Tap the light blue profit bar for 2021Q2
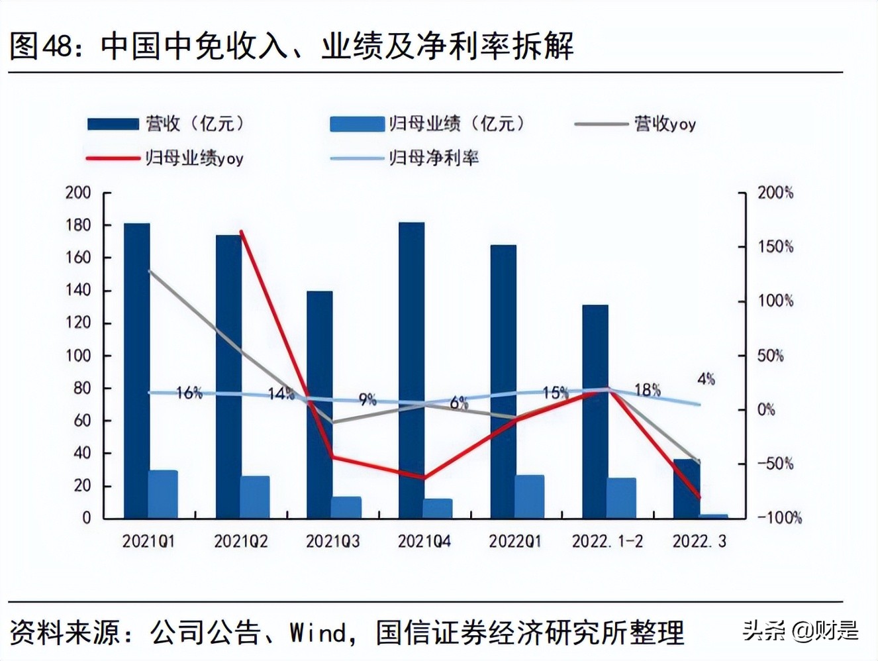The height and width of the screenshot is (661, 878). click(x=255, y=497)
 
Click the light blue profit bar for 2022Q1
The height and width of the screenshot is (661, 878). click(x=530, y=497)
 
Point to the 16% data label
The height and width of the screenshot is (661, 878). click(x=189, y=393)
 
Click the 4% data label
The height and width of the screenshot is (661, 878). click(x=706, y=379)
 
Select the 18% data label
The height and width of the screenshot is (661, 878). click(x=647, y=390)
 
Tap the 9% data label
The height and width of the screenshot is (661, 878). click(x=367, y=399)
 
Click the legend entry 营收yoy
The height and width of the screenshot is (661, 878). click(x=665, y=124)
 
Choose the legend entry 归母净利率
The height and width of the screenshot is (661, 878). click(x=434, y=158)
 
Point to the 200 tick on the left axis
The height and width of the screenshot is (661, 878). click(x=78, y=193)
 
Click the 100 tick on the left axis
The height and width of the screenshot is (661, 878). click(x=78, y=356)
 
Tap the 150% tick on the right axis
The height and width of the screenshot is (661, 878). click(x=775, y=247)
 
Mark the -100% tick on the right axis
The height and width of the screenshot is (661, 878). click(x=779, y=517)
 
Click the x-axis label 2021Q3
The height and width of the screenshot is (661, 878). click(x=332, y=541)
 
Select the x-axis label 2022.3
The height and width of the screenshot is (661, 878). click(x=699, y=541)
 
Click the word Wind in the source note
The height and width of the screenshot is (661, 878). click(x=317, y=633)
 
